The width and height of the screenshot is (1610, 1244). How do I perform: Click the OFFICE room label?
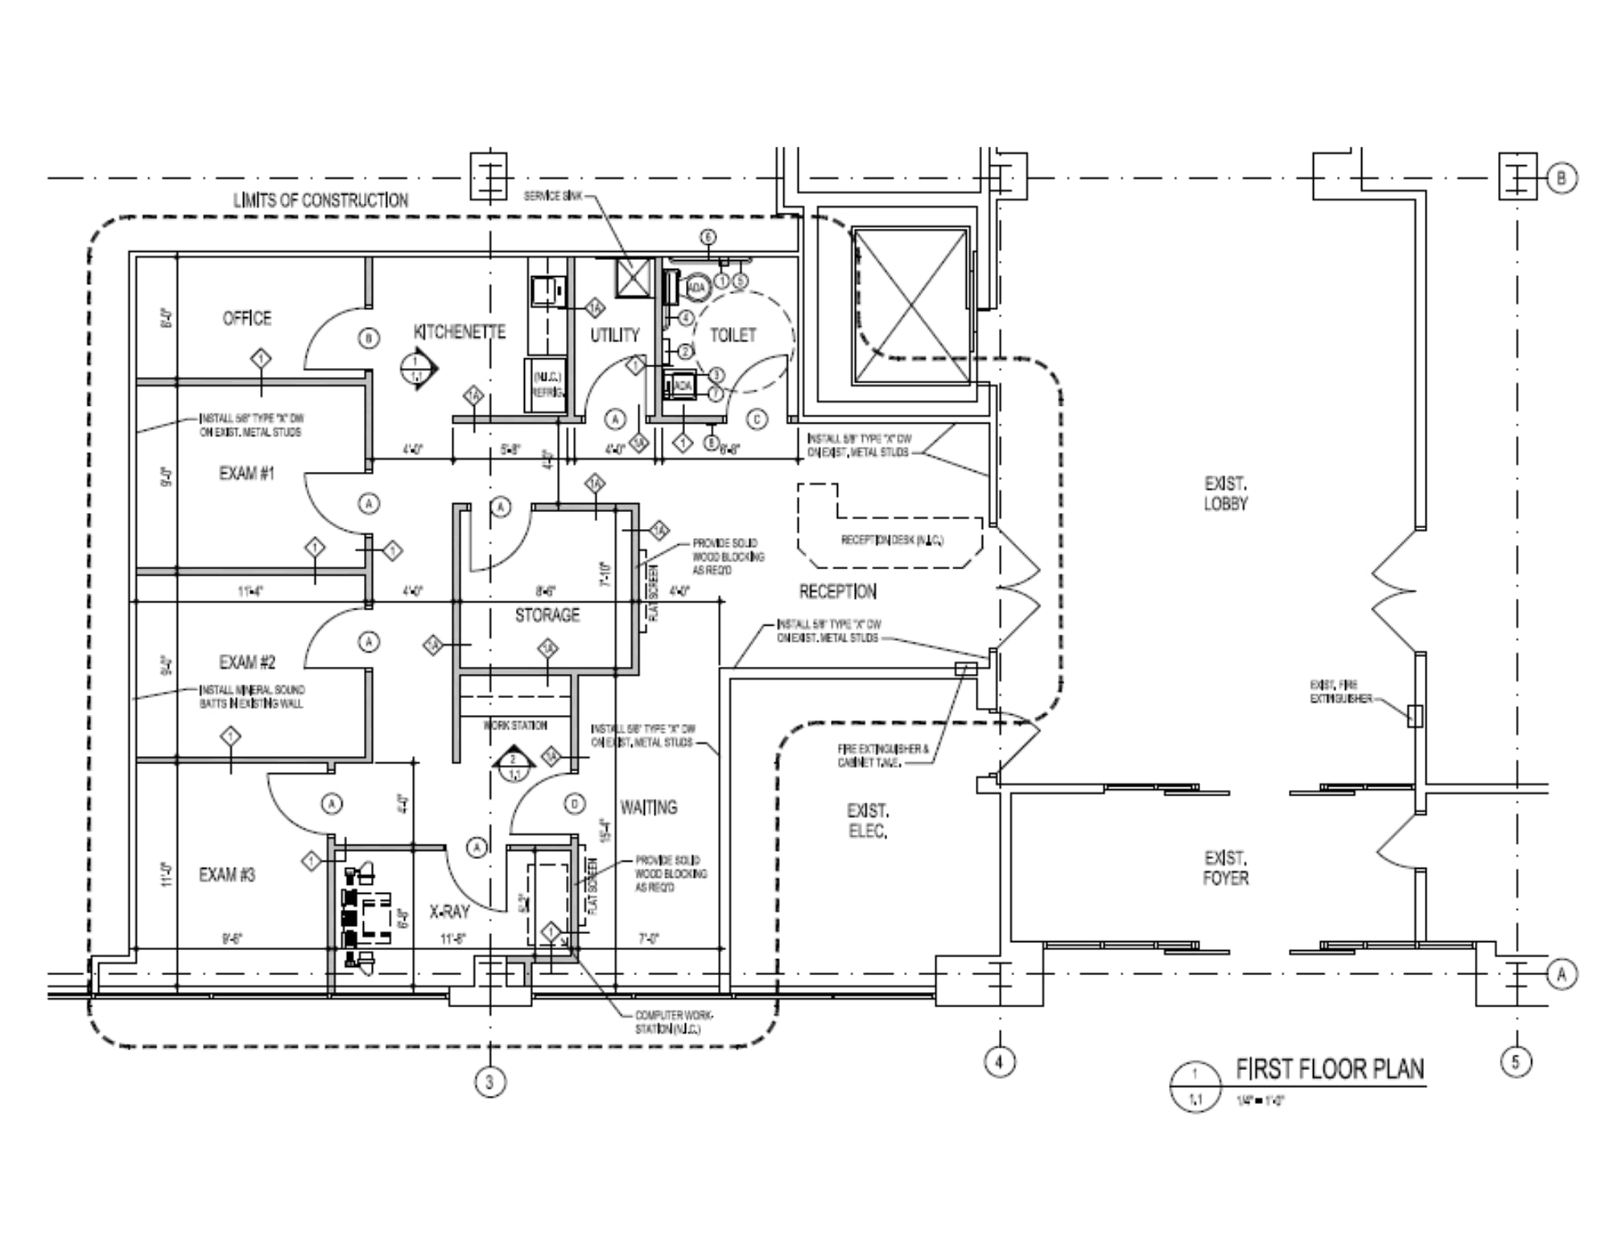(x=247, y=318)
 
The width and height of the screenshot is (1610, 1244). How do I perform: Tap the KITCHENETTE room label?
(x=460, y=332)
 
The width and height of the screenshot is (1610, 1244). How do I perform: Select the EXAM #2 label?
(x=247, y=662)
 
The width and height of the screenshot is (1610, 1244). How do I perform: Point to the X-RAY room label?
(x=449, y=912)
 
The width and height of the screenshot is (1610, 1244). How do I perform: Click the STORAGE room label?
(x=547, y=615)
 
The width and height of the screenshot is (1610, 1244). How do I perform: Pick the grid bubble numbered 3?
(x=489, y=1081)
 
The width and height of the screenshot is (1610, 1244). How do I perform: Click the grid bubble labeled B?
(x=1562, y=178)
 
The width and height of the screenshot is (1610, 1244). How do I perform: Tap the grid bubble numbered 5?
(x=1516, y=1062)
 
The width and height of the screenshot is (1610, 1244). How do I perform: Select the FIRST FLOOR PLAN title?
(x=1330, y=1069)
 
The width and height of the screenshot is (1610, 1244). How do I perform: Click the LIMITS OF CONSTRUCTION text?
(x=320, y=200)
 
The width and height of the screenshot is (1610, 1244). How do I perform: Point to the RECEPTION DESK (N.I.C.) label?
(x=892, y=539)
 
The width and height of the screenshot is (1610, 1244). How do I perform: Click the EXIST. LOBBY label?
(x=1225, y=494)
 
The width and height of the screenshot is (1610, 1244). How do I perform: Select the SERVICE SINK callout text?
(x=552, y=196)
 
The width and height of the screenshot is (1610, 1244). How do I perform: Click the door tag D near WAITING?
(x=574, y=804)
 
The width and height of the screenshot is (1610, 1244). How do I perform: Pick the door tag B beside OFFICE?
(x=368, y=338)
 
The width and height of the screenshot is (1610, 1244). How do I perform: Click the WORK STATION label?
(x=515, y=725)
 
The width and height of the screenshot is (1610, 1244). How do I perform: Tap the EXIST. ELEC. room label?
(x=867, y=820)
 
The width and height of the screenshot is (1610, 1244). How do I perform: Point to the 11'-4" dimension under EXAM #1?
(x=250, y=591)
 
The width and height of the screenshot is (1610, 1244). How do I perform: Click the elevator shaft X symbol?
(x=911, y=305)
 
